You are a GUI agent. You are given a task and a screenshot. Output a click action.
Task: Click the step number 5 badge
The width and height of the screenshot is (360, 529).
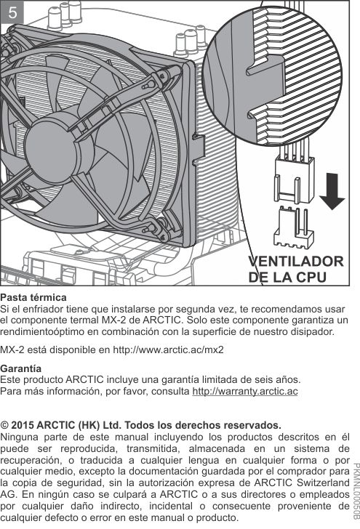coord(12,12)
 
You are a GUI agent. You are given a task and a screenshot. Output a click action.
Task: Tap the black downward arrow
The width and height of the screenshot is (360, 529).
coord(332,191)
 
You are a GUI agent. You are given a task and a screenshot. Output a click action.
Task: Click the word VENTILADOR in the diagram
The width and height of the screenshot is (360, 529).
coord(296,262)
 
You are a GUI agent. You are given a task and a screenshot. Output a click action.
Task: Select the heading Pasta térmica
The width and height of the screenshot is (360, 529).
coord(33,298)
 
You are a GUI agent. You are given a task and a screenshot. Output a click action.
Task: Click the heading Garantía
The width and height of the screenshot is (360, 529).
coord(20,368)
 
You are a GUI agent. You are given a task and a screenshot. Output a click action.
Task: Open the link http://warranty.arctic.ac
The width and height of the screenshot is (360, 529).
coord(245,391)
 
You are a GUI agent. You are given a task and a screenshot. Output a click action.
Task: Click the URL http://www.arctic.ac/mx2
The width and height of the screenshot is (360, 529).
coord(168,350)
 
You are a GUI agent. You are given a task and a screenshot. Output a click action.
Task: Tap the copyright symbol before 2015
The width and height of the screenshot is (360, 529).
coord(4,425)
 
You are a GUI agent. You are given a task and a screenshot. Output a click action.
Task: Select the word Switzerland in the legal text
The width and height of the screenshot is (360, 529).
coord(323,482)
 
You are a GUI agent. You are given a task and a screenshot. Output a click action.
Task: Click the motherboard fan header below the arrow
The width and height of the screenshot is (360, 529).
coord(294,227)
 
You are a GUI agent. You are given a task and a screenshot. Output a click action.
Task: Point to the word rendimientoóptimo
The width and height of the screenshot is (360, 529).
coord(42,331)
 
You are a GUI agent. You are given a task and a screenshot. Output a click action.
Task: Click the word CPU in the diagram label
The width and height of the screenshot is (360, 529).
coord(311,278)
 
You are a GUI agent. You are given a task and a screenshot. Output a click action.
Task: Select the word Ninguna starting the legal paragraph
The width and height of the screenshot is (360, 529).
coord(19,437)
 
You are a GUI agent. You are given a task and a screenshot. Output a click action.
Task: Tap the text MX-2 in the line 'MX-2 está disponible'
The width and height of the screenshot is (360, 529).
coord(12,350)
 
